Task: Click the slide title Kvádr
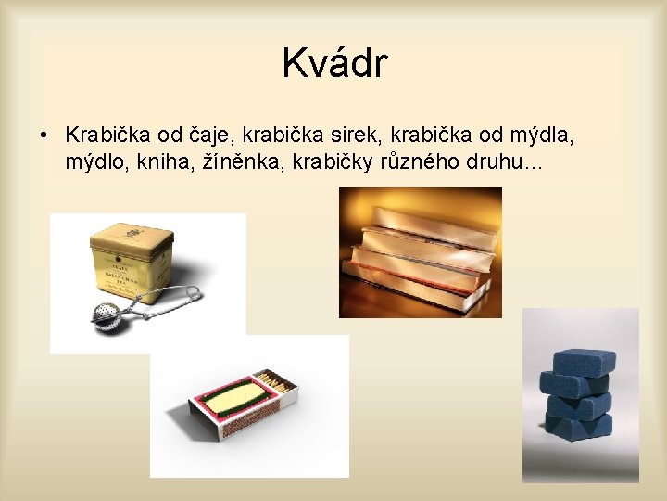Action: click(334, 64)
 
